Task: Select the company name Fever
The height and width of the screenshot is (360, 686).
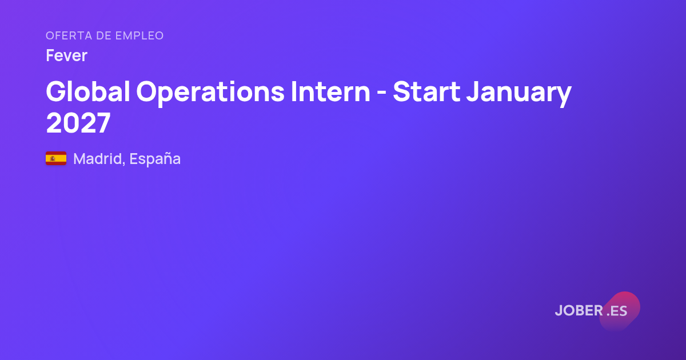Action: (66, 55)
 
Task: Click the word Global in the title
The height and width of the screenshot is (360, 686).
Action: (88, 91)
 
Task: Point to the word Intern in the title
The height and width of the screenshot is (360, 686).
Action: (330, 91)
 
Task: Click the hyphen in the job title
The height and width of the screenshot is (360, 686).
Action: (381, 93)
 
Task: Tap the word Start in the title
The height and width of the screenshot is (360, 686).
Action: (426, 91)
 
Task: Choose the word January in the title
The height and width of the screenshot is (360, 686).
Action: (519, 93)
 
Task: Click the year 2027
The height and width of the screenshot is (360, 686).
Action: (78, 123)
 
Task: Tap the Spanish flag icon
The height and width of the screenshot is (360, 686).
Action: (56, 158)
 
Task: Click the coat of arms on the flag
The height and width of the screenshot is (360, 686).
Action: (53, 158)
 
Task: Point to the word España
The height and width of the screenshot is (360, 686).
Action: (155, 159)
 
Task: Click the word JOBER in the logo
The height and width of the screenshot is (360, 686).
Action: (579, 310)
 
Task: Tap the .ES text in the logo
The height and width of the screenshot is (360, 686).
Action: (617, 311)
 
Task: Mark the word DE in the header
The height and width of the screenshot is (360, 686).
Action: (104, 35)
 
